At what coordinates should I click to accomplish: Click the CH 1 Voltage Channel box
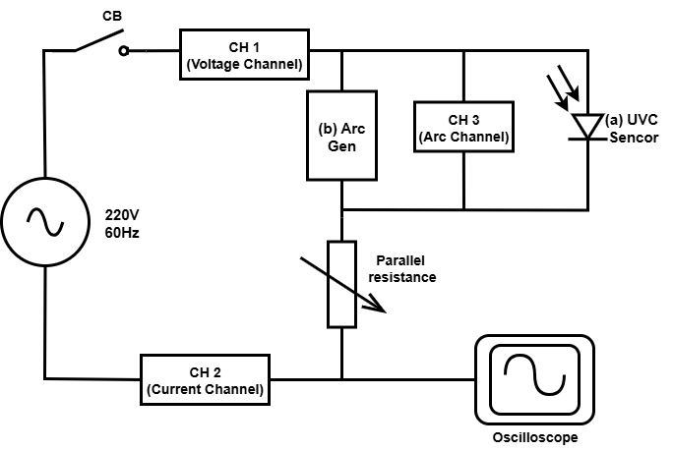tap(242, 54)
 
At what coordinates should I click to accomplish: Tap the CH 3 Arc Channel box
tap(463, 127)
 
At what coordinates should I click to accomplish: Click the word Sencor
tap(633, 139)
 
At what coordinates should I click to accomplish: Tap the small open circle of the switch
tap(124, 52)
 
